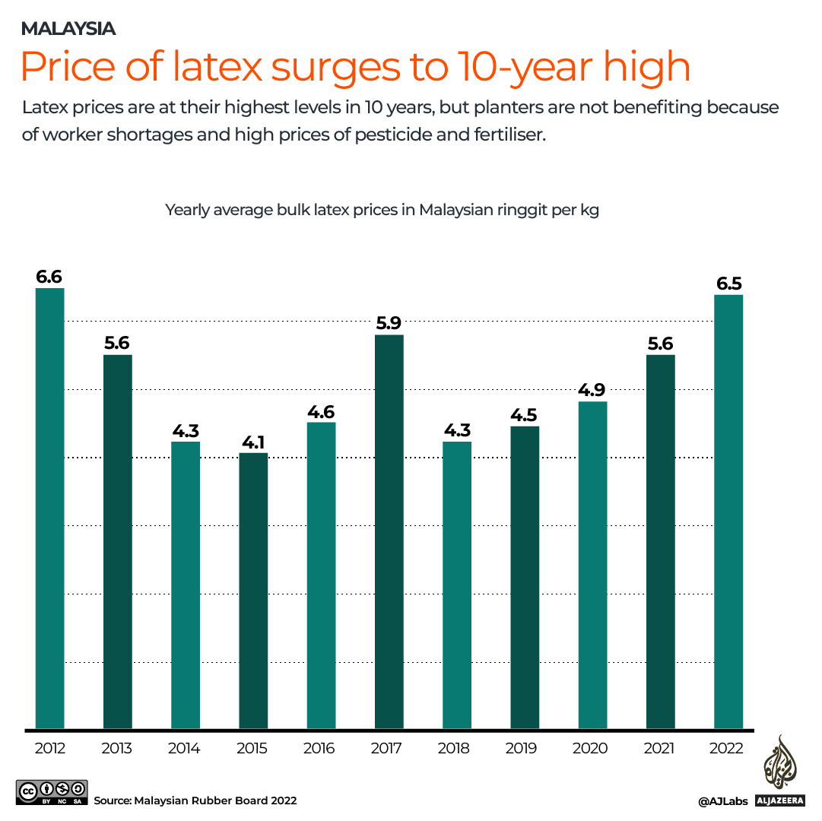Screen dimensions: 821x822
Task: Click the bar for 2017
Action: tap(389, 531)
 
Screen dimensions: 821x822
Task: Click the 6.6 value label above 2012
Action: tap(49, 277)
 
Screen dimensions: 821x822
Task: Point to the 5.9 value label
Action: tap(389, 323)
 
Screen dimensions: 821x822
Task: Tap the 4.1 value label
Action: tap(253, 442)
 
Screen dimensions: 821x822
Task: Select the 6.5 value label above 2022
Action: tap(728, 284)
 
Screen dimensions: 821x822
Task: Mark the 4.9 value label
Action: tap(592, 390)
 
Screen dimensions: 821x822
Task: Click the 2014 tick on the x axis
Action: tap(185, 748)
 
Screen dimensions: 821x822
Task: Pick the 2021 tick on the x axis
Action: tap(659, 748)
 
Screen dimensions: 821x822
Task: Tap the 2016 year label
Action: tap(319, 748)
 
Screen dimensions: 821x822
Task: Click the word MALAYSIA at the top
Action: tap(68, 29)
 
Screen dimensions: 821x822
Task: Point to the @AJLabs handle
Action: tap(723, 800)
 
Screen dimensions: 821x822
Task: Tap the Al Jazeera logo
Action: tap(779, 771)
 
